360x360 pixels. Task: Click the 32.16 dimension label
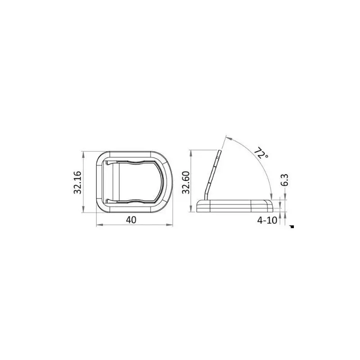click(77, 183)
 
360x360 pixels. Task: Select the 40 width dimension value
click(131, 220)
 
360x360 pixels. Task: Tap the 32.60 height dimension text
click(186, 183)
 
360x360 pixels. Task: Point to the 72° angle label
click(261, 153)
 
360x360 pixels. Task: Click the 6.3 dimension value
click(284, 180)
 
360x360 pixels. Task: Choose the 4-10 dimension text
click(267, 220)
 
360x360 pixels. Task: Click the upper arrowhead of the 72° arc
click(229, 138)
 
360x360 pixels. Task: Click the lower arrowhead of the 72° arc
click(271, 196)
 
